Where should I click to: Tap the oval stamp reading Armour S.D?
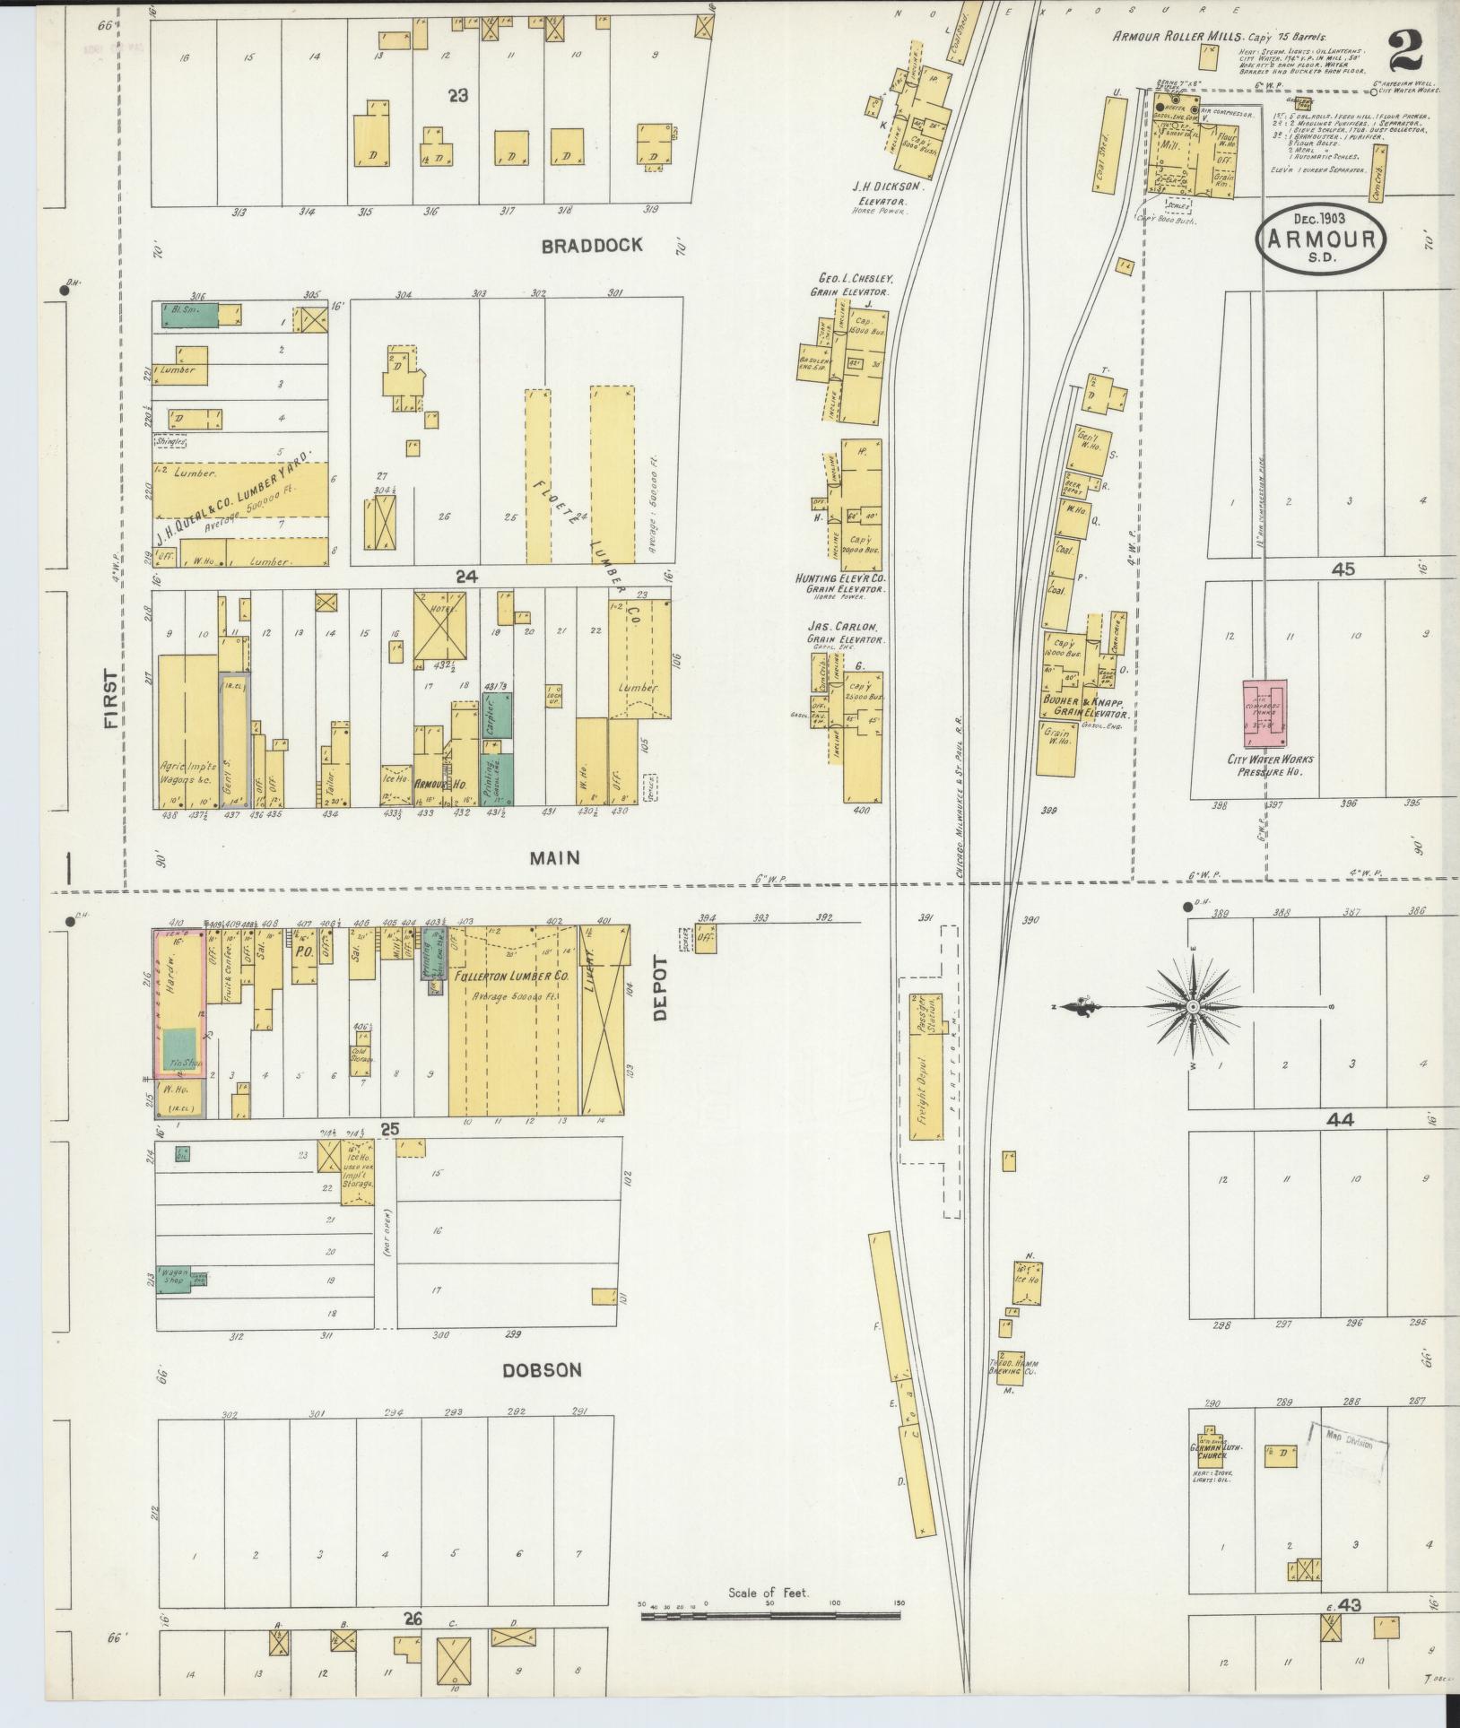click(x=1321, y=239)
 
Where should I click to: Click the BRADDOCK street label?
click(x=592, y=245)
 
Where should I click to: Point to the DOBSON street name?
click(x=542, y=1370)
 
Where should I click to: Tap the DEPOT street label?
click(x=661, y=988)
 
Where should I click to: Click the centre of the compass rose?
click(x=1194, y=1008)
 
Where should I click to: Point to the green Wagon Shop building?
click(x=174, y=1280)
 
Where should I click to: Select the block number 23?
click(x=458, y=95)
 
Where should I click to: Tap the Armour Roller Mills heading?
click(x=1178, y=37)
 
